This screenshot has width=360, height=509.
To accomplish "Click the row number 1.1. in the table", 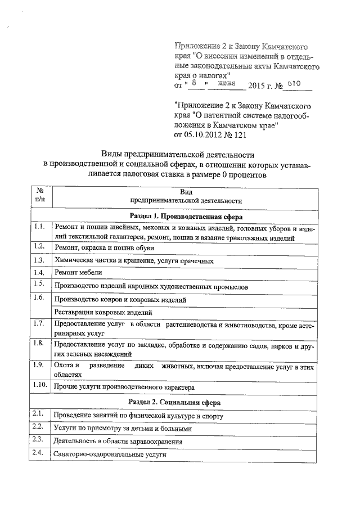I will tap(39, 227).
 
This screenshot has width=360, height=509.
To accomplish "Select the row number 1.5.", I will tap(39, 283).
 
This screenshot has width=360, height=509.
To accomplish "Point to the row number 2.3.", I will tap(38, 438).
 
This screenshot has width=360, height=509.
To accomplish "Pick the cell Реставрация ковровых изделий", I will tap(103, 312).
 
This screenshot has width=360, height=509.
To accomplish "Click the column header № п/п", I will tap(40, 195).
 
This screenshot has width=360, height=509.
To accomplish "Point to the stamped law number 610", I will tap(295, 84).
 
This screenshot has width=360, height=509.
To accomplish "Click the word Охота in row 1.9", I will tap(64, 366).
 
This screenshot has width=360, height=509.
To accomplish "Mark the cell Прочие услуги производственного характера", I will tap(124, 388).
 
